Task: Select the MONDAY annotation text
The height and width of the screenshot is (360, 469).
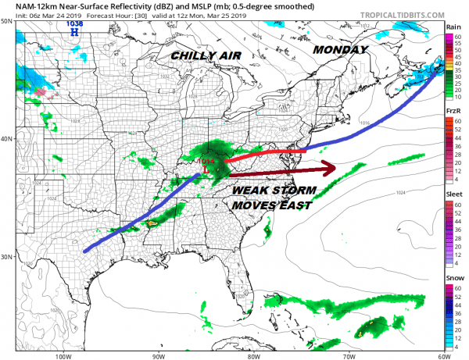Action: coord(340,49)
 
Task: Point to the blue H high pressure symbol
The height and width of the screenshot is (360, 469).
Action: coord(75,32)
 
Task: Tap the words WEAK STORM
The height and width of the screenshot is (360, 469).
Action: coord(273,190)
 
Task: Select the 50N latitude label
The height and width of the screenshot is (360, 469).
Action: coord(7,21)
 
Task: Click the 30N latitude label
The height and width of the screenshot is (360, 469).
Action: coord(7,256)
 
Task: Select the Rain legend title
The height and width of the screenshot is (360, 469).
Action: coord(453,27)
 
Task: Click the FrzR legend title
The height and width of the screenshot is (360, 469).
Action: coord(453,112)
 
